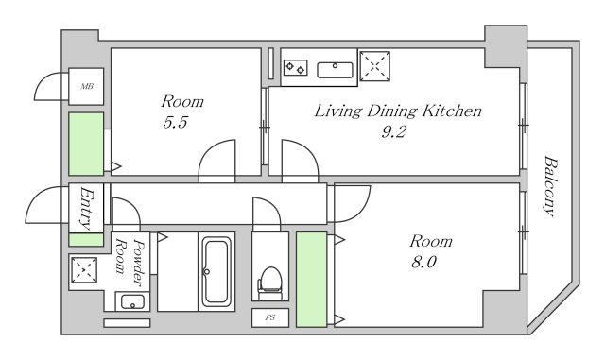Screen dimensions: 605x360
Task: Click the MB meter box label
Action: tap(87, 86)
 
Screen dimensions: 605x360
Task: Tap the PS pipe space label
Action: tap(270, 317)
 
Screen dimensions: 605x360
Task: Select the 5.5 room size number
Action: tap(175, 122)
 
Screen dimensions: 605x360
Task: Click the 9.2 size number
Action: tap(393, 132)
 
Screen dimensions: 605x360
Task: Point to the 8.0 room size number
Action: tap(423, 263)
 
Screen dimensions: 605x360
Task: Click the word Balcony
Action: tap(550, 186)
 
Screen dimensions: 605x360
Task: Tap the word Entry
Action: tap(86, 208)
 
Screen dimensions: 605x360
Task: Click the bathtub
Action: tap(216, 271)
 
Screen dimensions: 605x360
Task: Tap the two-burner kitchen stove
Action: tap(296, 68)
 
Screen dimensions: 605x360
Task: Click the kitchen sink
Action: tap(335, 70)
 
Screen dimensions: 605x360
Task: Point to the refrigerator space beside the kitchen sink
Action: tap(374, 66)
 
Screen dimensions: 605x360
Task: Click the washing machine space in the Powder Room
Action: tap(84, 270)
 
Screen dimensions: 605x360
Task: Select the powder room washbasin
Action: tap(132, 301)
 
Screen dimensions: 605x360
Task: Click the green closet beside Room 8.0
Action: tap(311, 280)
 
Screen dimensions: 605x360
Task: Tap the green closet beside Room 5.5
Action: tap(86, 144)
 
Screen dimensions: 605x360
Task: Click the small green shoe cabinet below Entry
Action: tap(86, 239)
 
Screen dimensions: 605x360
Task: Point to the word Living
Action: tap(338, 111)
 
